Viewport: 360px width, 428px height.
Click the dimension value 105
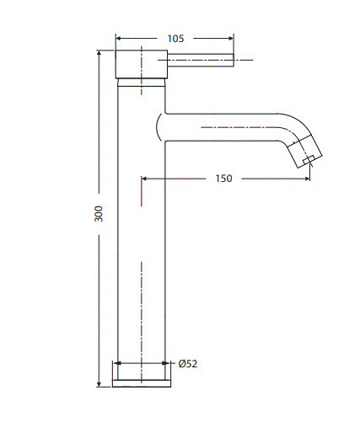click(175, 38)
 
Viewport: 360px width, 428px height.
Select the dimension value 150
click(223, 179)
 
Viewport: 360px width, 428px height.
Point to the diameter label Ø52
click(188, 364)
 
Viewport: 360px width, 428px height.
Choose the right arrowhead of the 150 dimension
click(305, 179)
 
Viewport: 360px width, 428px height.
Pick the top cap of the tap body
click(141, 64)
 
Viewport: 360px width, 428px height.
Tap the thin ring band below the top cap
click(141, 82)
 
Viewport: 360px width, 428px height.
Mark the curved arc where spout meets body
click(158, 127)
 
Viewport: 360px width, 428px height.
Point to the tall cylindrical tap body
click(141, 236)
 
